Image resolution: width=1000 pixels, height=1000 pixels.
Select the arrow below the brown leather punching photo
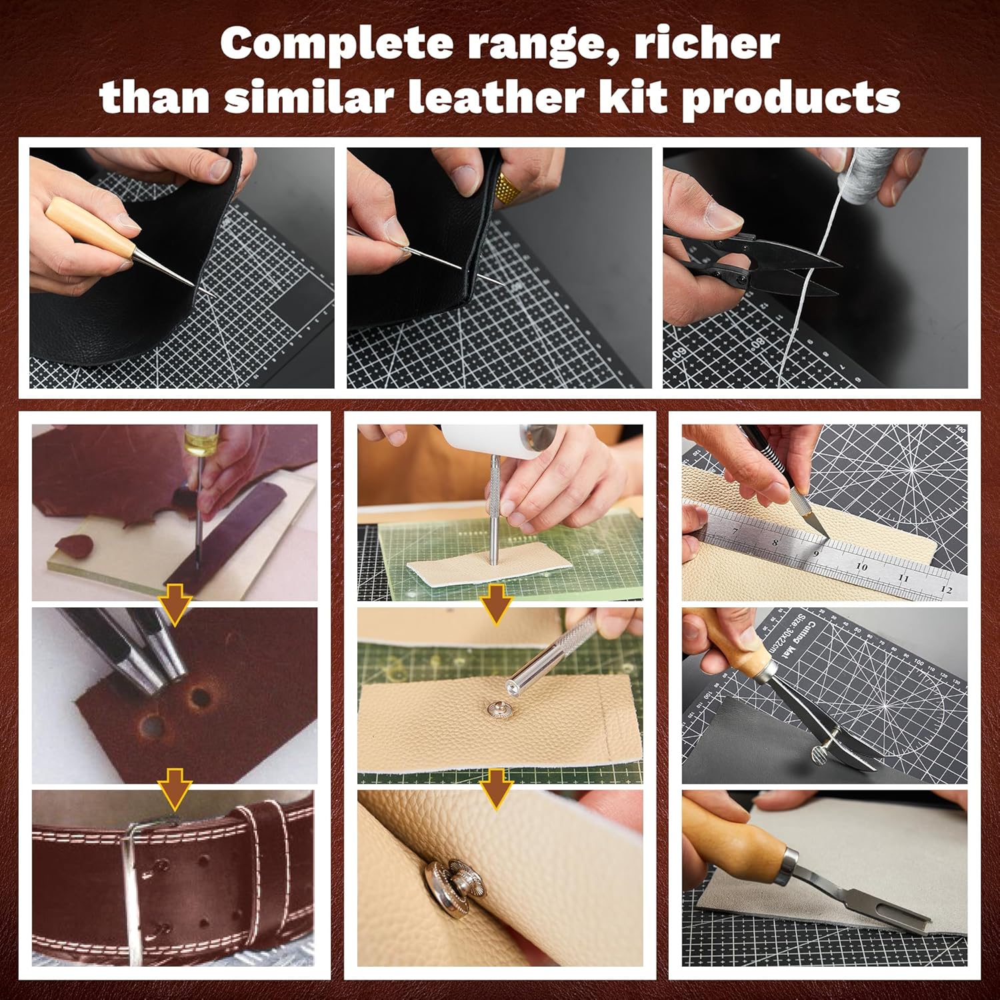point(175,607)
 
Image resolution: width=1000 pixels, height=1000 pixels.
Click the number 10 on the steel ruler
point(861,567)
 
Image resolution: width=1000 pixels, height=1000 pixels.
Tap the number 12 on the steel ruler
point(945,589)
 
